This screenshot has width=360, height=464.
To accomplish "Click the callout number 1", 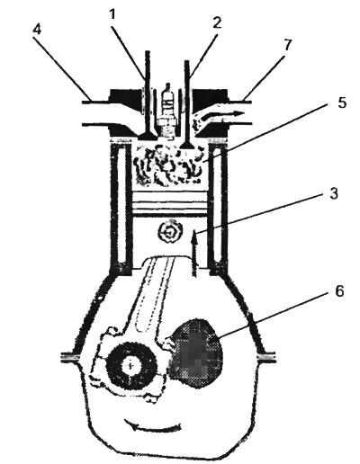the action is [112, 14].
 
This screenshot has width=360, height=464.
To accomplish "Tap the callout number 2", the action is [217, 22].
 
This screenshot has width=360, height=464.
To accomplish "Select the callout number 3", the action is [334, 194].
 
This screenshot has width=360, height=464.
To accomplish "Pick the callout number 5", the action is [342, 103].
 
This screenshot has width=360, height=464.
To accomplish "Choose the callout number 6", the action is [339, 291].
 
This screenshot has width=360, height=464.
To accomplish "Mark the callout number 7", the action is [287, 45].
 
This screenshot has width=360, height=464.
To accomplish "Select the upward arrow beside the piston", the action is [195, 253].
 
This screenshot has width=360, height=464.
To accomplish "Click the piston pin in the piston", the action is [170, 232].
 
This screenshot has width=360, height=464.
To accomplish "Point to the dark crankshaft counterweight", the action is [196, 353].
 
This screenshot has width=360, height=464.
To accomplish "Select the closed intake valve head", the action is [147, 136].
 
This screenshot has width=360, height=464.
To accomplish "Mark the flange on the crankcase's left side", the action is [70, 357].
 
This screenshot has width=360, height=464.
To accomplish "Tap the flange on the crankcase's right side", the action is [266, 357].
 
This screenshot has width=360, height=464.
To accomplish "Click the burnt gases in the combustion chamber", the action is [169, 165].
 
